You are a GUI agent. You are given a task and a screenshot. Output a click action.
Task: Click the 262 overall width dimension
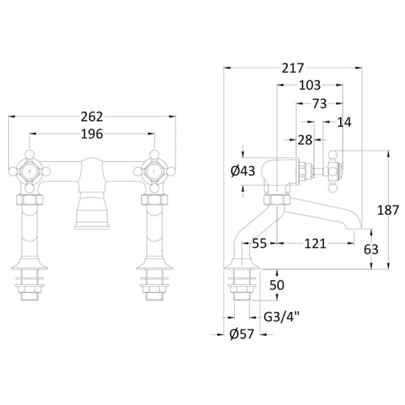pos(92,117)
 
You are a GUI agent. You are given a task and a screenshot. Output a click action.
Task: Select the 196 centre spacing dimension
pos(92,134)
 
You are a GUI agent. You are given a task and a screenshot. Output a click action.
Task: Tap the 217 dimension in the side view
pos(293,68)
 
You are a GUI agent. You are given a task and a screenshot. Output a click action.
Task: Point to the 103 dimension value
pos(309,85)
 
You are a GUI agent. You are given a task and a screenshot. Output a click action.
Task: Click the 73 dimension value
pos(320,104)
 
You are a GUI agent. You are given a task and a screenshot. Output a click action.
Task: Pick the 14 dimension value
pos(344,123)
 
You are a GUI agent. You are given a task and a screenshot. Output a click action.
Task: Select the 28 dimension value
pos(305,140)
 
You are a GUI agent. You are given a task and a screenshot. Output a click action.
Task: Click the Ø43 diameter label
pos(243,171)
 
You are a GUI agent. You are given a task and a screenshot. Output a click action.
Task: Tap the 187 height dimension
pos(388,210)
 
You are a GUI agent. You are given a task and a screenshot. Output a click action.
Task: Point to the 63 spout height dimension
pos(371,250)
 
